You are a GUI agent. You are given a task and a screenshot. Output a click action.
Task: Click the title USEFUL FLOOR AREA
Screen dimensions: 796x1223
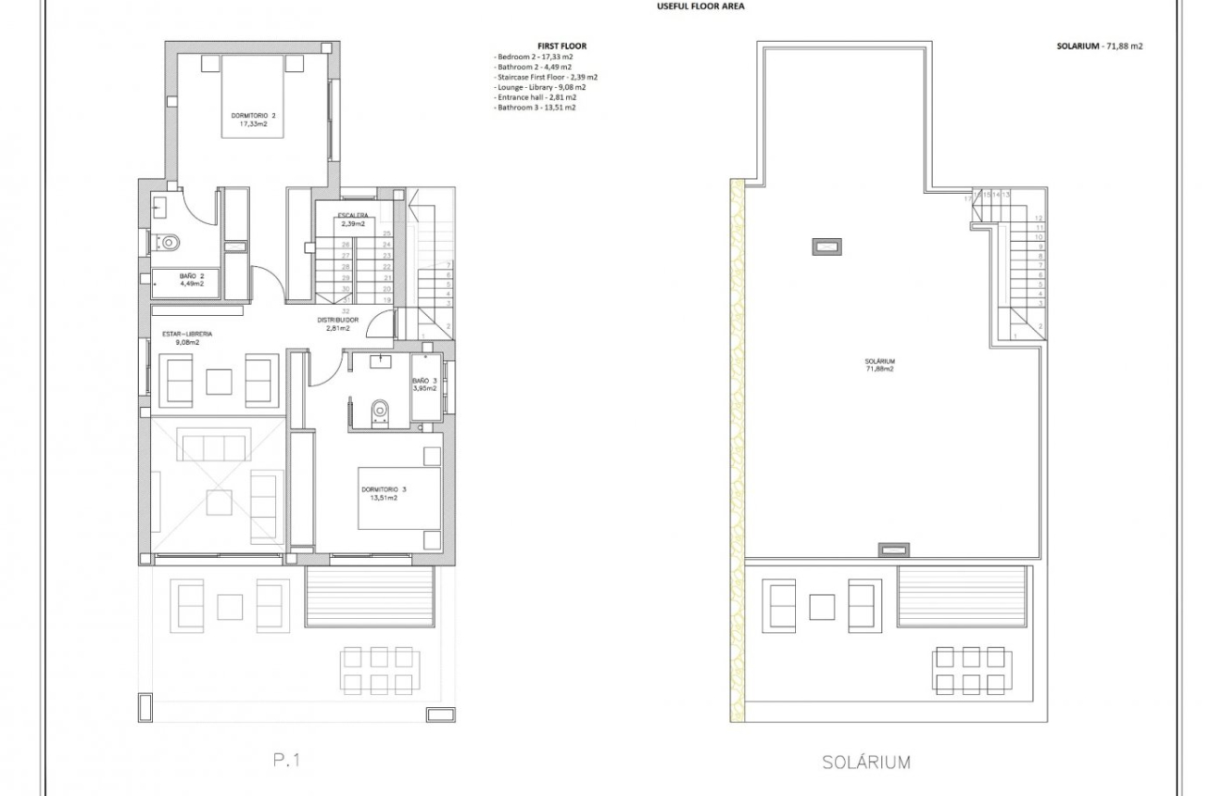(x=700, y=6)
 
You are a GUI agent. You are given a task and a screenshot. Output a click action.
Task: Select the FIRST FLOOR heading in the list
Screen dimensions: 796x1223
(x=561, y=45)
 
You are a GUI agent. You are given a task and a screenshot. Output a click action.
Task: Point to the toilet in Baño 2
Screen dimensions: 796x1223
(x=167, y=243)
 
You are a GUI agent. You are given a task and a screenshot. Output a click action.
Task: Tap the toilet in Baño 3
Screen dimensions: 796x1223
(x=378, y=410)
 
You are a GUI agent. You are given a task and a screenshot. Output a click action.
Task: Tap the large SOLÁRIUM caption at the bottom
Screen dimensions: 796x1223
(x=865, y=763)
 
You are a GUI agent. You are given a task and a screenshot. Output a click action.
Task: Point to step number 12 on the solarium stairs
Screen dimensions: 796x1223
(x=1040, y=218)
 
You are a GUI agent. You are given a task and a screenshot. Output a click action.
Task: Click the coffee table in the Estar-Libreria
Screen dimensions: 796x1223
(x=219, y=382)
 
